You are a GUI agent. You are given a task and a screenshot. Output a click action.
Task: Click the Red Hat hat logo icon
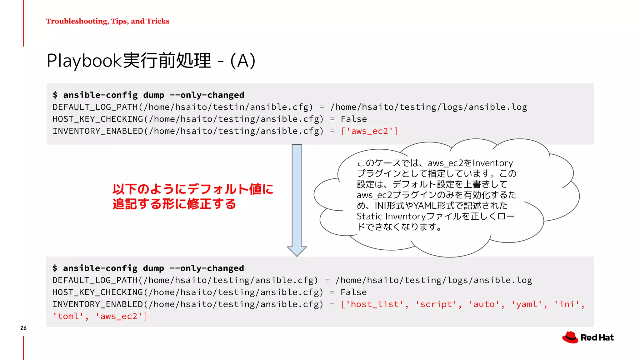(570, 337)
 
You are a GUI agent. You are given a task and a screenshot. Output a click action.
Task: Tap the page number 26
(23, 328)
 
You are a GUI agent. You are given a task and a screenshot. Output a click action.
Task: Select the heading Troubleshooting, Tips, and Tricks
(108, 21)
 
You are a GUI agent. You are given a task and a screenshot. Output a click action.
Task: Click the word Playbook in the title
(84, 61)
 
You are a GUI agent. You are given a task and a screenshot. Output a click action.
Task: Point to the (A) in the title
(243, 61)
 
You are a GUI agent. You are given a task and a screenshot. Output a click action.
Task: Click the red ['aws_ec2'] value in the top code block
(370, 131)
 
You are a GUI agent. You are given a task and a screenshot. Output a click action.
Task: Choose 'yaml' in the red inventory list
(527, 304)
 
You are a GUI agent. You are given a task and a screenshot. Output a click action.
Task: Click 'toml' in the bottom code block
(68, 316)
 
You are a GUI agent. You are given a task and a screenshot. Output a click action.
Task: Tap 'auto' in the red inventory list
(484, 304)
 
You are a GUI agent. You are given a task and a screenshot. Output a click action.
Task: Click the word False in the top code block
(354, 119)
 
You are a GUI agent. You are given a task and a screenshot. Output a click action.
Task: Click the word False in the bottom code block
(353, 292)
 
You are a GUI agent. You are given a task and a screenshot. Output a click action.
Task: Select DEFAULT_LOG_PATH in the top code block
(95, 107)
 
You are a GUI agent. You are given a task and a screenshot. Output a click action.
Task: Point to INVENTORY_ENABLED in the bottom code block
(97, 304)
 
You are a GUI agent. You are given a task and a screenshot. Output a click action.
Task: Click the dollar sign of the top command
(55, 95)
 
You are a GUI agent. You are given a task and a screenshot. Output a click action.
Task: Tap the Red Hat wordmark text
(597, 337)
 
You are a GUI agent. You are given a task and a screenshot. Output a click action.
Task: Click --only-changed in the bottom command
(207, 268)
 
